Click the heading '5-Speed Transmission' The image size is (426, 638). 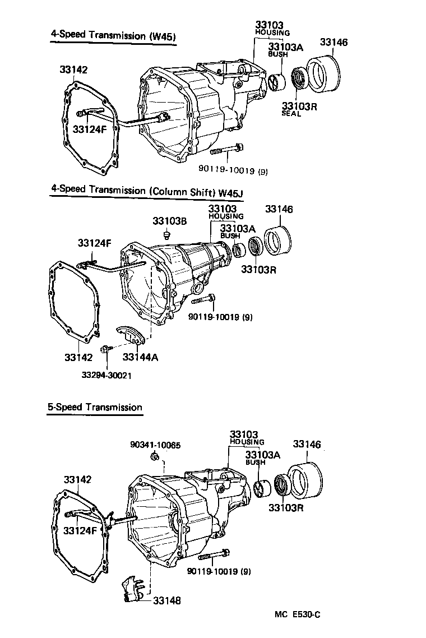[x=95, y=408]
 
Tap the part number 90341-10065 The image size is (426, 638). [x=155, y=445]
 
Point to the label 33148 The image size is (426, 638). [x=166, y=600]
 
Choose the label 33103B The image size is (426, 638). [x=170, y=221]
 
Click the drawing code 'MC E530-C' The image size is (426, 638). [x=297, y=614]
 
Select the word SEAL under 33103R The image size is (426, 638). [x=291, y=114]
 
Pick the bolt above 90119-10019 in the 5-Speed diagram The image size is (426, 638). [x=214, y=556]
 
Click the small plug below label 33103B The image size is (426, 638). [x=166, y=235]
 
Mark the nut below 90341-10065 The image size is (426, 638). [x=154, y=459]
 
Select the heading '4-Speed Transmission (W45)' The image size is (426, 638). [x=114, y=35]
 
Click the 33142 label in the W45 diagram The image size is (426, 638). [x=74, y=70]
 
